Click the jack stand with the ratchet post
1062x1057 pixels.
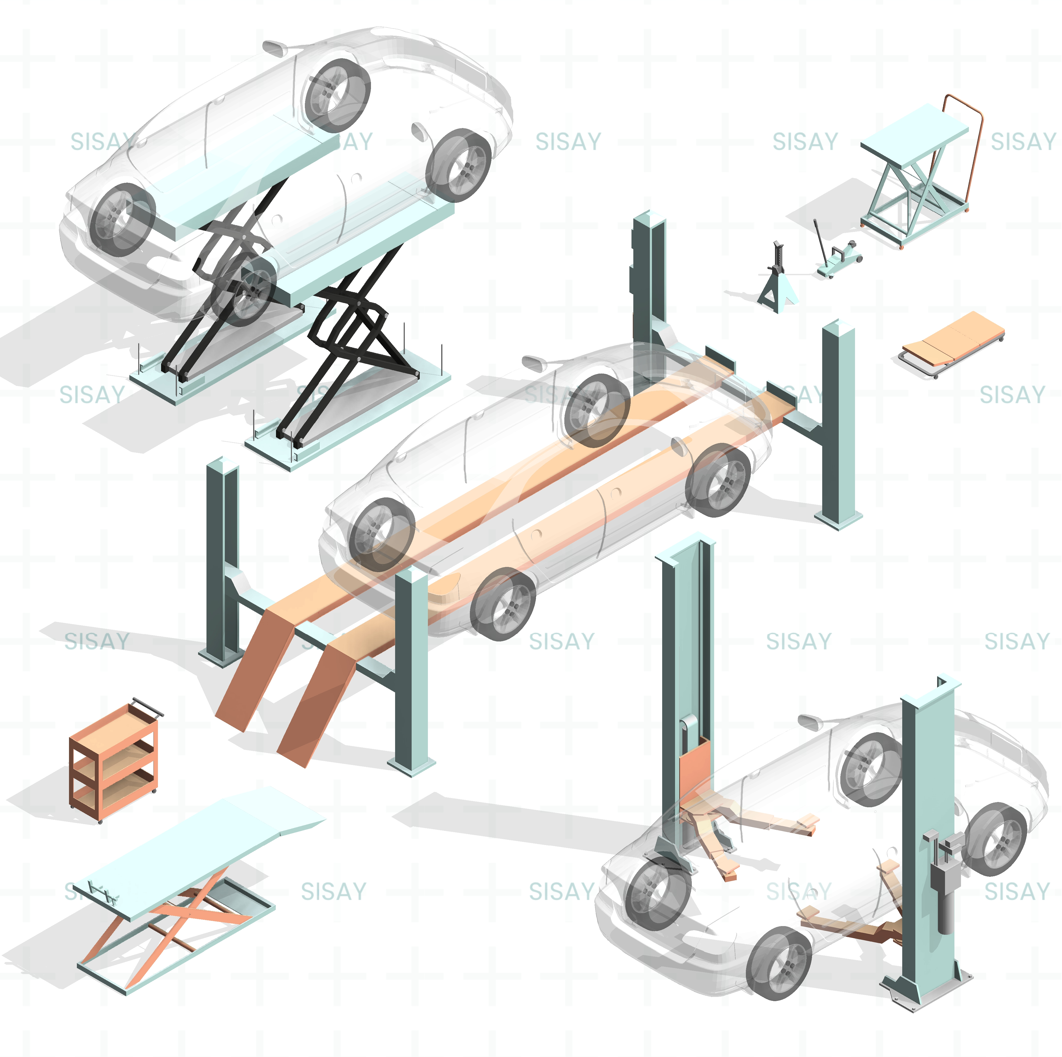pos(776,283)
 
